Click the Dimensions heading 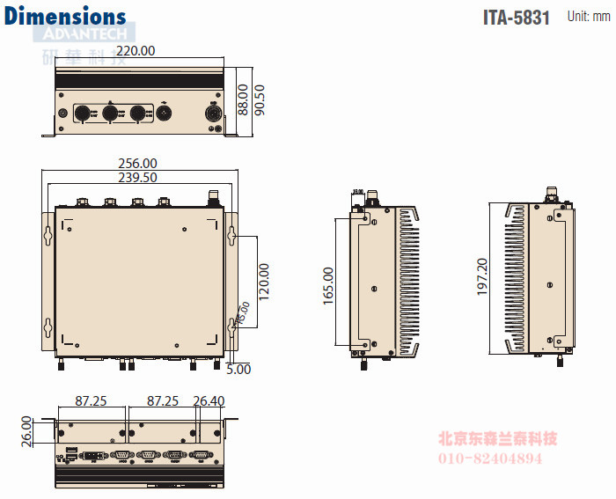(65, 17)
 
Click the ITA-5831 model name (517, 18)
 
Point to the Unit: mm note (588, 16)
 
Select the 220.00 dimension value (136, 51)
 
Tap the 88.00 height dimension (242, 99)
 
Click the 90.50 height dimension (260, 99)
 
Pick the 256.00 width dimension (138, 163)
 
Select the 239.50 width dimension (138, 177)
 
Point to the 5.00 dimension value (238, 370)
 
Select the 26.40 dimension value (209, 401)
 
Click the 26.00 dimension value (26, 430)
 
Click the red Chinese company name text (498, 439)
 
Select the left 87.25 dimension (91, 401)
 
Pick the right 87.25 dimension (163, 401)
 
